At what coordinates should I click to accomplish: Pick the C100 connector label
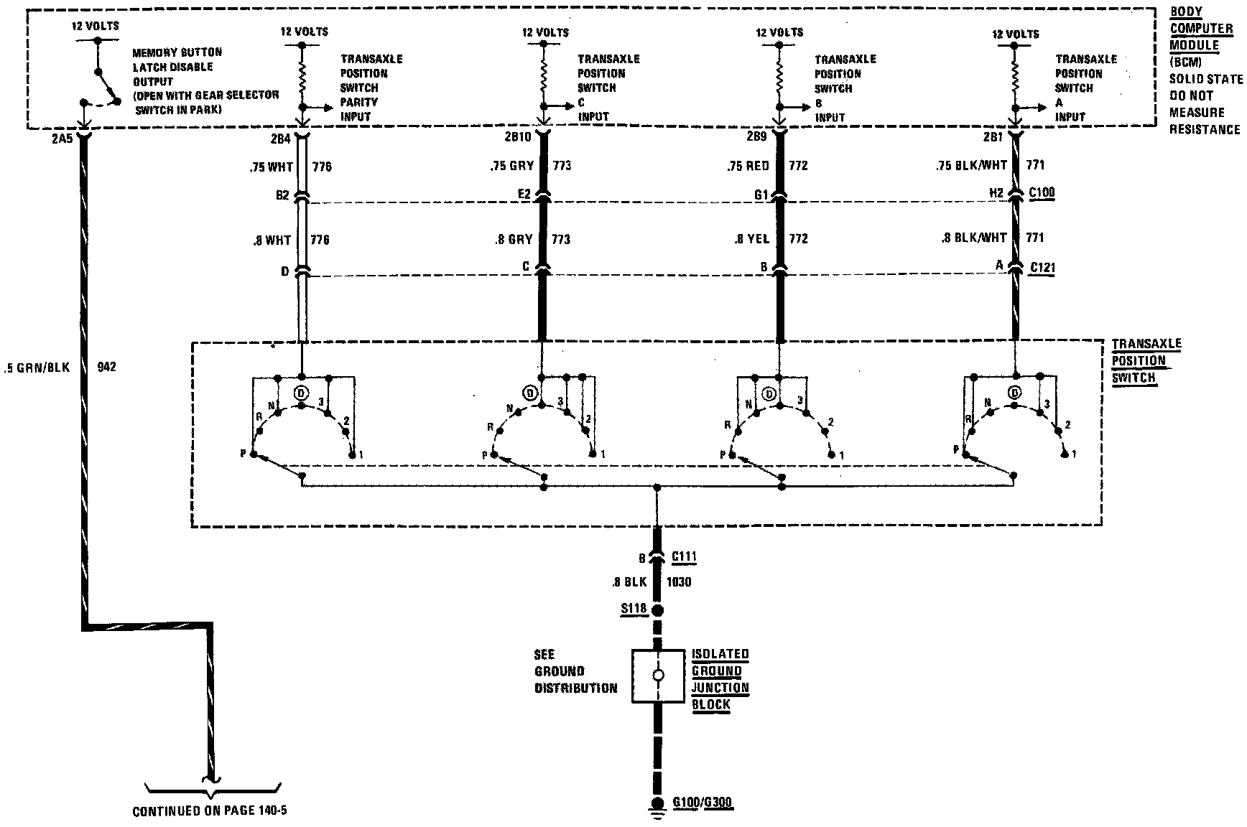(1042, 193)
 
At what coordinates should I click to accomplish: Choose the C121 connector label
(1042, 268)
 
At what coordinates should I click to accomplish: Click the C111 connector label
(684, 556)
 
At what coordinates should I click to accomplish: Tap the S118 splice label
(634, 609)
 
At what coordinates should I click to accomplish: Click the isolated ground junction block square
(657, 676)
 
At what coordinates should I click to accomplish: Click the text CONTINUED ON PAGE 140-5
(210, 811)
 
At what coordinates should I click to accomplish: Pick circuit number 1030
(679, 581)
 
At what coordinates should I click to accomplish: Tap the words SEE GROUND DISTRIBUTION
(575, 671)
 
